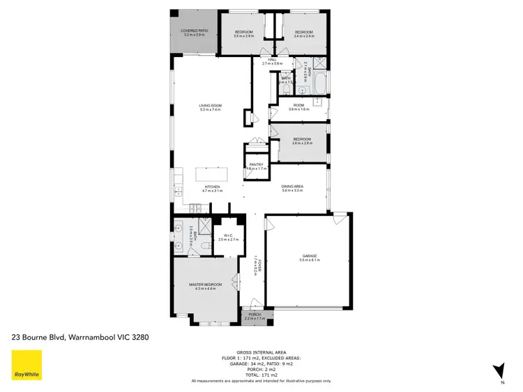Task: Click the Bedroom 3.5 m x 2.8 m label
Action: point(243,33)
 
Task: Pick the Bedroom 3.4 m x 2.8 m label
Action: point(303,33)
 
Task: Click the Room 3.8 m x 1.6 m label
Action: point(298,107)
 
